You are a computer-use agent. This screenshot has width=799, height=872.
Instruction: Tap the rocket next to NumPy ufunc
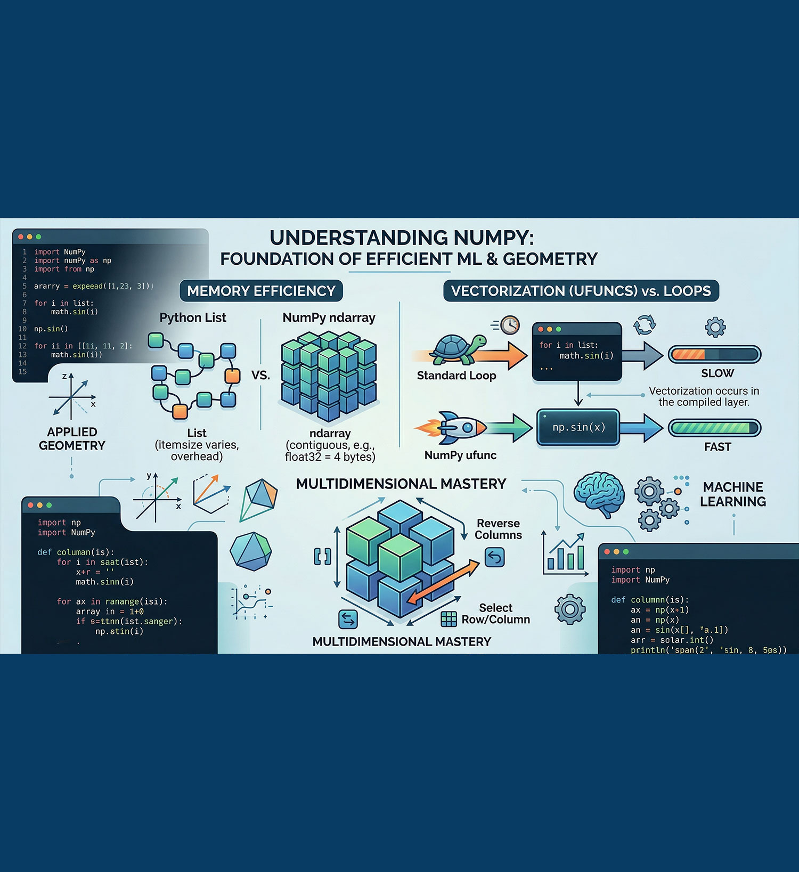458,427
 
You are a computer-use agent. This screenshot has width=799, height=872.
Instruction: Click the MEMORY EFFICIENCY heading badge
261,291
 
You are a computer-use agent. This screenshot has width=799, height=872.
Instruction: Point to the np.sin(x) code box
578,427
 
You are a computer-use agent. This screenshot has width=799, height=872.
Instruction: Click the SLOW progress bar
714,354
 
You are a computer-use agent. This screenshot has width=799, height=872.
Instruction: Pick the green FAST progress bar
714,428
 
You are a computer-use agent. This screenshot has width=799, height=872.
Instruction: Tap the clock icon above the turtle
510,324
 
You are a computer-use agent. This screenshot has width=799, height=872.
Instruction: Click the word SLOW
718,373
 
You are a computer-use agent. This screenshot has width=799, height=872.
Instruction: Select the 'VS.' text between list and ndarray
260,375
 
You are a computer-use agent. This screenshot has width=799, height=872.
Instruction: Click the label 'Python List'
193,318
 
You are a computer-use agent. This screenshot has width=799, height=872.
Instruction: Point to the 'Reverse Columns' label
498,529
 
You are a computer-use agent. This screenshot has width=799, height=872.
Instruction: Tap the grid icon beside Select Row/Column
449,619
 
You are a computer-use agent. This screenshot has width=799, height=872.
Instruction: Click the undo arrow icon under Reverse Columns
495,558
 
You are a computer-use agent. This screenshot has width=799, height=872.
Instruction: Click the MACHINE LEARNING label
733,494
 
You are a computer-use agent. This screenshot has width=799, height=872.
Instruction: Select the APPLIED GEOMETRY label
72,439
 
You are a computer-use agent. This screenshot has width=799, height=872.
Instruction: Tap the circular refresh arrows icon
645,324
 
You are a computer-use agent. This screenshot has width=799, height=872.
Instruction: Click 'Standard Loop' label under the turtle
456,376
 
